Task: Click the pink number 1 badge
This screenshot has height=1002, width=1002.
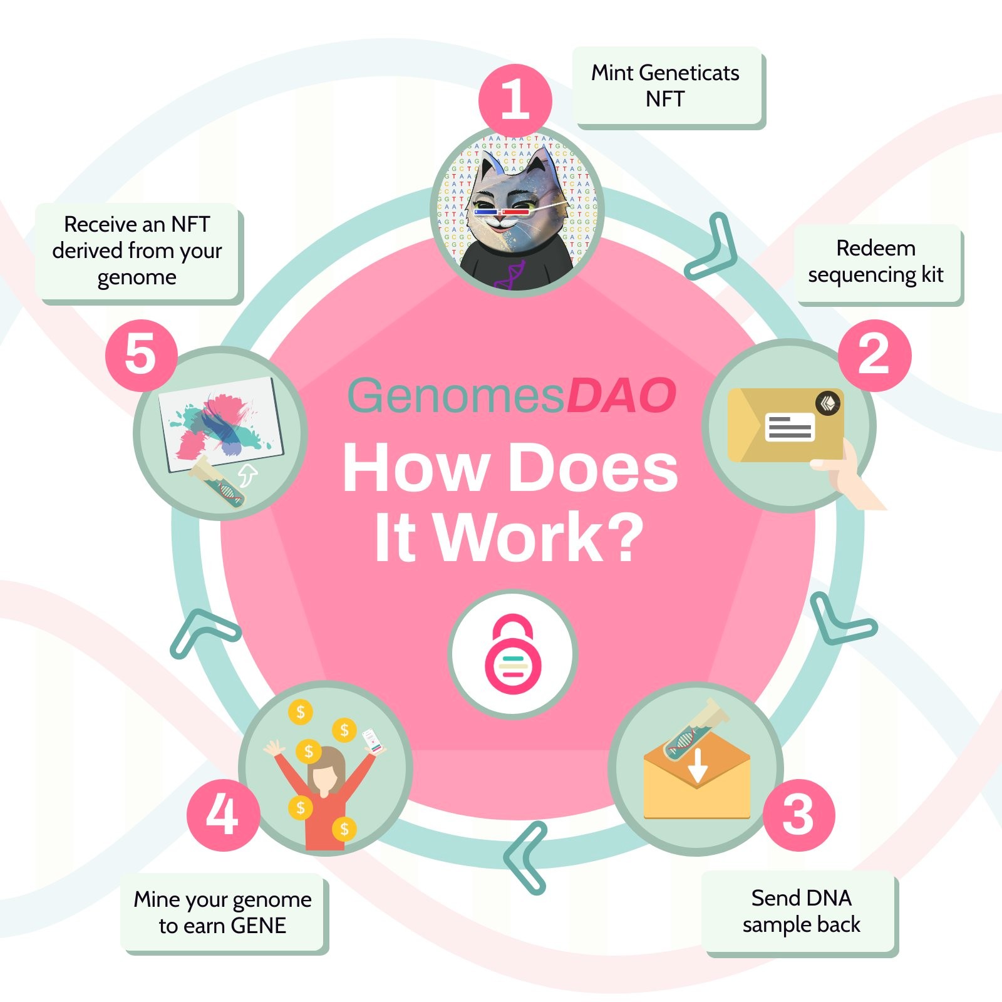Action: [515, 100]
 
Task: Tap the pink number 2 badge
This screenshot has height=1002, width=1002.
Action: [874, 356]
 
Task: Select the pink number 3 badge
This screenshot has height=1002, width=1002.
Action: [798, 815]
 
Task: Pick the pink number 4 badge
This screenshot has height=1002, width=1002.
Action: [223, 815]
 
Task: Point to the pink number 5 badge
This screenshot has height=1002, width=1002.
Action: [142, 355]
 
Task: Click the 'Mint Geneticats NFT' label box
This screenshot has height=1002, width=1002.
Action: [668, 88]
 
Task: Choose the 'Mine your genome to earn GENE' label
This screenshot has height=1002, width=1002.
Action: [224, 913]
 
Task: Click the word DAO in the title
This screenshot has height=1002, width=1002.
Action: [621, 396]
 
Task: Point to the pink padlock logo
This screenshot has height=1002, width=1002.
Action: [513, 654]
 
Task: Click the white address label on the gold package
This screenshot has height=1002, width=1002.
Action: [789, 428]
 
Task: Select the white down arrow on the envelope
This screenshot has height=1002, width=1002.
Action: [698, 765]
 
